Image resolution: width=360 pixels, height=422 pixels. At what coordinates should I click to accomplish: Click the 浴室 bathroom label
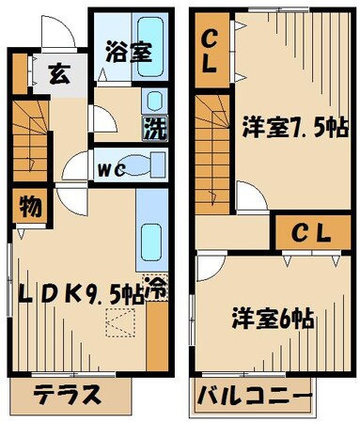point(130,52)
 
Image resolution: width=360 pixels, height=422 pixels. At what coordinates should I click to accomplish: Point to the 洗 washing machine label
point(152,127)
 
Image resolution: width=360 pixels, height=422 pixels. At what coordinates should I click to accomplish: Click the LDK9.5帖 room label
point(80,294)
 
